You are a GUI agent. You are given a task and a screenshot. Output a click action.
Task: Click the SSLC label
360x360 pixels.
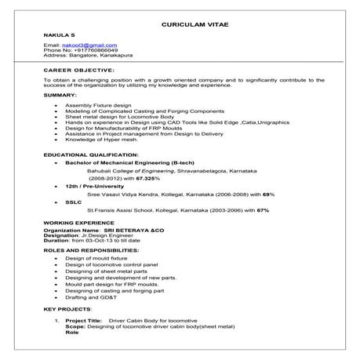point(74,202)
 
